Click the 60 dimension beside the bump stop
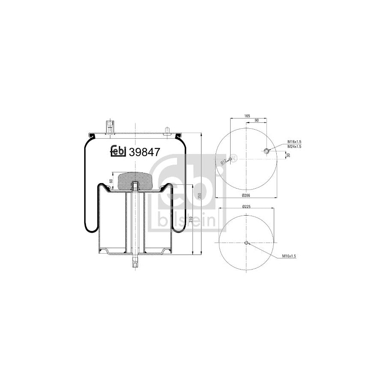pyautogui.click(x=111, y=181)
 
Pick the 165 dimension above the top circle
pyautogui.click(x=247, y=115)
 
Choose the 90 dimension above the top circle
pyautogui.click(x=257, y=121)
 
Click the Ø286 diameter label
pyautogui.click(x=246, y=195)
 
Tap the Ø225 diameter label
pyautogui.click(x=246, y=207)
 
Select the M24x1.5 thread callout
pyautogui.click(x=294, y=147)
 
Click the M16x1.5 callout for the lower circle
pyautogui.click(x=289, y=256)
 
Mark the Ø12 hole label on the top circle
pyautogui.click(x=223, y=162)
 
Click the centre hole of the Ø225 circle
pyautogui.click(x=246, y=243)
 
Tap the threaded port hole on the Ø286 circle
pyautogui.click(x=267, y=151)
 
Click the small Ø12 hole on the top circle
pyautogui.click(x=230, y=160)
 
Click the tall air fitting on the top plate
pyautogui.click(x=110, y=127)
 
